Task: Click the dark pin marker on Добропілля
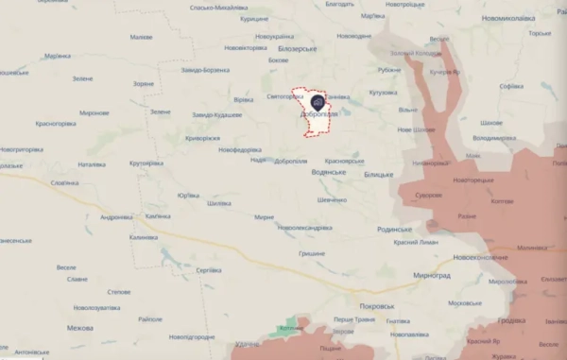(317, 102)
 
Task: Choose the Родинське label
(392, 229)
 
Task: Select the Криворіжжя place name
(203, 137)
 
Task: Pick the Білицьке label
(377, 176)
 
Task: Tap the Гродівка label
(511, 320)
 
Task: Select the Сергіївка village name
(208, 270)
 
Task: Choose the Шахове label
(490, 124)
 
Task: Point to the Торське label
(540, 33)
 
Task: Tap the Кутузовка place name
(383, 93)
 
